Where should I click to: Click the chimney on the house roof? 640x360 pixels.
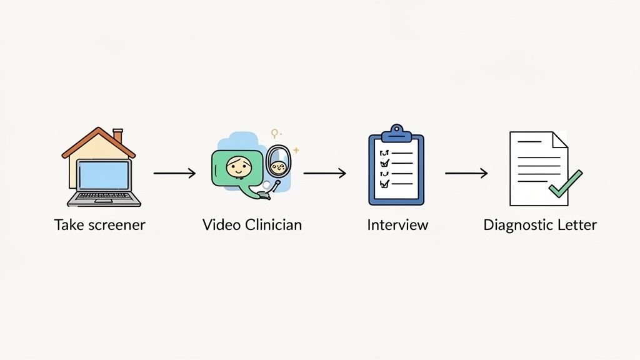[x=117, y=136]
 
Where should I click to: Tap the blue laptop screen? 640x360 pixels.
[x=104, y=175]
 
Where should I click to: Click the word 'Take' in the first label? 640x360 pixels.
[x=68, y=225]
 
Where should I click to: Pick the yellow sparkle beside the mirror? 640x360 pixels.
[x=296, y=150]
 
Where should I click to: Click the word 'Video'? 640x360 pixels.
[x=219, y=225]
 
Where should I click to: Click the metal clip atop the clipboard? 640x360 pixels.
[x=396, y=132]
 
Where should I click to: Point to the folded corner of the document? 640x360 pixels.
[x=560, y=139]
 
